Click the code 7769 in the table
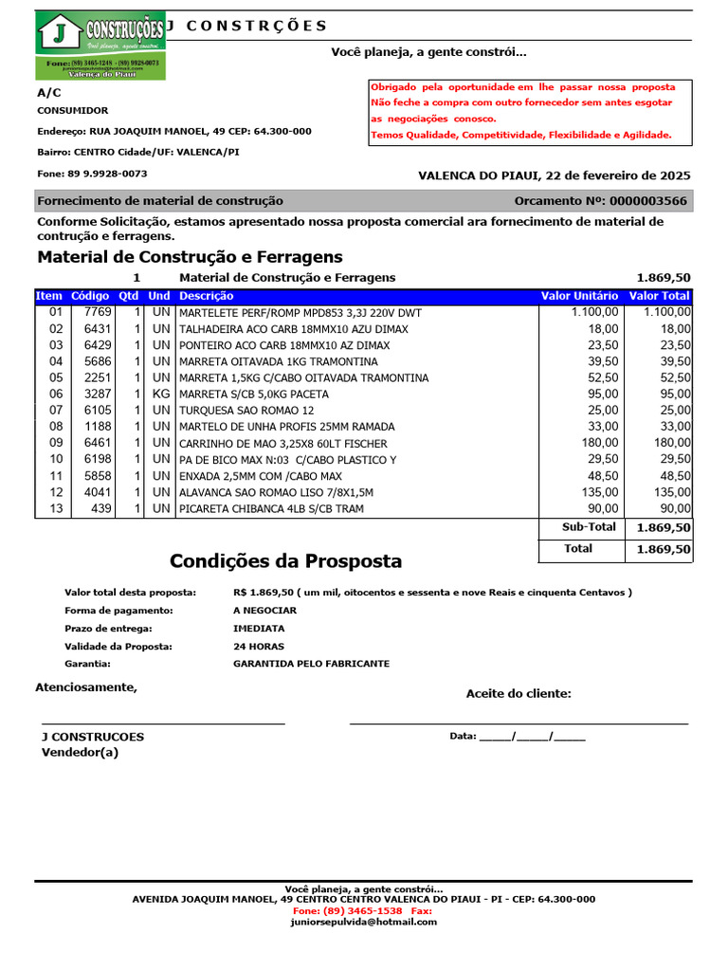tap(98, 312)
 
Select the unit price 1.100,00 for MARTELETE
tap(595, 312)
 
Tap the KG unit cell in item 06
tap(161, 394)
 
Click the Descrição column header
tap(206, 296)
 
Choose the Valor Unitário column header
tap(579, 296)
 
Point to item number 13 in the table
tap(55, 508)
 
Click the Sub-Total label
tap(589, 527)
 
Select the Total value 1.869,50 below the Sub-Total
tap(663, 549)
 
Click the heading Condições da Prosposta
tap(285, 561)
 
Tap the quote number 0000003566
tap(649, 201)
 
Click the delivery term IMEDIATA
tap(259, 628)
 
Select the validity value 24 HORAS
tap(259, 646)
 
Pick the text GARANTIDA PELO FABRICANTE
tap(311, 664)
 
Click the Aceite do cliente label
tap(519, 694)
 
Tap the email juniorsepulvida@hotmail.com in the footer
tap(364, 922)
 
